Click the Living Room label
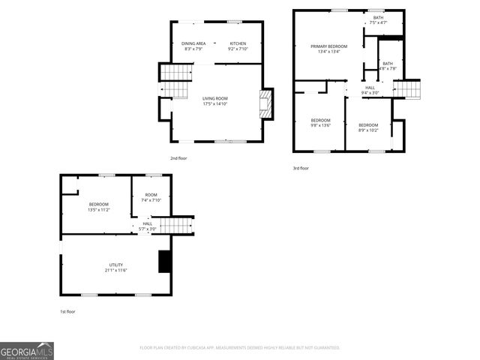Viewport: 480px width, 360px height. [215, 101]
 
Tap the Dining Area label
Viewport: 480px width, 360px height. [193, 46]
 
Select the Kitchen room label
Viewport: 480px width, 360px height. [238, 46]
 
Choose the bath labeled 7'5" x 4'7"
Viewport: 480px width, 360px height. [378, 19]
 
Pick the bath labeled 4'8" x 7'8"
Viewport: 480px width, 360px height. [388, 66]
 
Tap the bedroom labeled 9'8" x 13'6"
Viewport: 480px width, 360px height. [321, 123]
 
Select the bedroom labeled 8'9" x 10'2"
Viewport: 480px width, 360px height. [368, 127]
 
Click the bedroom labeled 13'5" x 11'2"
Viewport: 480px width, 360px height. [99, 207]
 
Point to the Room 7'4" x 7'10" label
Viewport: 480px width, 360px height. [151, 198]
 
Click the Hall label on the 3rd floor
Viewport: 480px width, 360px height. [370, 90]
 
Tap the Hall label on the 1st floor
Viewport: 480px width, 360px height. [147, 226]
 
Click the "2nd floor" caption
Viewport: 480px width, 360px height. [178, 158]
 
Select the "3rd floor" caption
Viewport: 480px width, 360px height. [301, 168]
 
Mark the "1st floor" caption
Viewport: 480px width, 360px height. [67, 311]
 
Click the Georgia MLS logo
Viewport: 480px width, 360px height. [27, 351]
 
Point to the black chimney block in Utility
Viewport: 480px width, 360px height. [163, 261]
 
